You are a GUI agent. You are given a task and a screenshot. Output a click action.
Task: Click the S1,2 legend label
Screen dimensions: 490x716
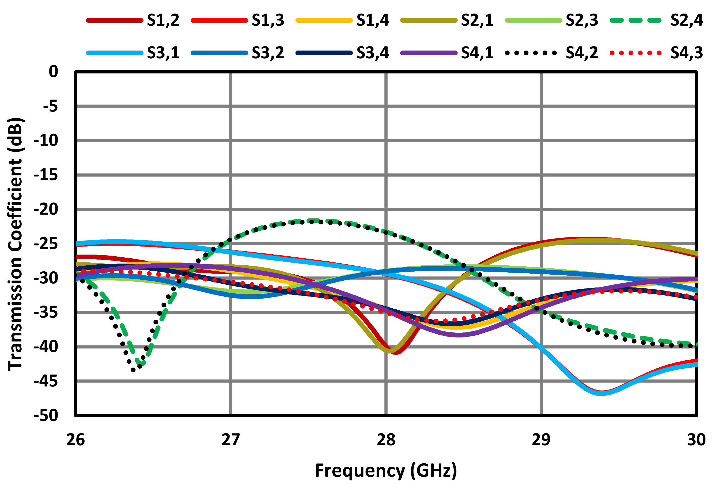(163, 20)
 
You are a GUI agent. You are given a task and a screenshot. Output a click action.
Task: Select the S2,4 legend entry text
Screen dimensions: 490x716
(686, 20)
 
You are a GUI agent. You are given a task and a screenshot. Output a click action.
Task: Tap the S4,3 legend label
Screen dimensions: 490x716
(686, 53)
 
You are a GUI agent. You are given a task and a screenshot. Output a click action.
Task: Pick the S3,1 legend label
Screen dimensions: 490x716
(163, 53)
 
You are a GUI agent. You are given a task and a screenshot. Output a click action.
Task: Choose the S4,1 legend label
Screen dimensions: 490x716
(477, 53)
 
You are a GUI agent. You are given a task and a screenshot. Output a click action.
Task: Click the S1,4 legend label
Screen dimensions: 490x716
(373, 20)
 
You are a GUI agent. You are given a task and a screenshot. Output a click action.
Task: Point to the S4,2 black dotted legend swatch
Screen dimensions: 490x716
(531, 53)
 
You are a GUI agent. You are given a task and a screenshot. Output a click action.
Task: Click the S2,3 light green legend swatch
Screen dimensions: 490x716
(534, 21)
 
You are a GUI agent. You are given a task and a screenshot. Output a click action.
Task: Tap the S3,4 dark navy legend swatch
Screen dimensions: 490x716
(324, 53)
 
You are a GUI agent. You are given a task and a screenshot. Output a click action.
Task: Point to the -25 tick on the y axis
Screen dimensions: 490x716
(46, 244)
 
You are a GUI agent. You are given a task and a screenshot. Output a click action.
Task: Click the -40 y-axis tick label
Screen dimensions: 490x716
(46, 347)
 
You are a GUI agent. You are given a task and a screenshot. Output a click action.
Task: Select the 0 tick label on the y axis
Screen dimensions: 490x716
(53, 72)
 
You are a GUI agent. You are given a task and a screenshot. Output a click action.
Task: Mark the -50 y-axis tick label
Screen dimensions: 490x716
(46, 416)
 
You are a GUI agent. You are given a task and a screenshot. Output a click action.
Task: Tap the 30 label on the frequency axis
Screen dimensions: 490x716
(696, 439)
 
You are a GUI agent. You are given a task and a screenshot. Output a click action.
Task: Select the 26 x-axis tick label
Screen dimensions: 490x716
(75, 439)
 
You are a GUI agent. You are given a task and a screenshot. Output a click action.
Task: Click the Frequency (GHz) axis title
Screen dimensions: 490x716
(386, 471)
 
